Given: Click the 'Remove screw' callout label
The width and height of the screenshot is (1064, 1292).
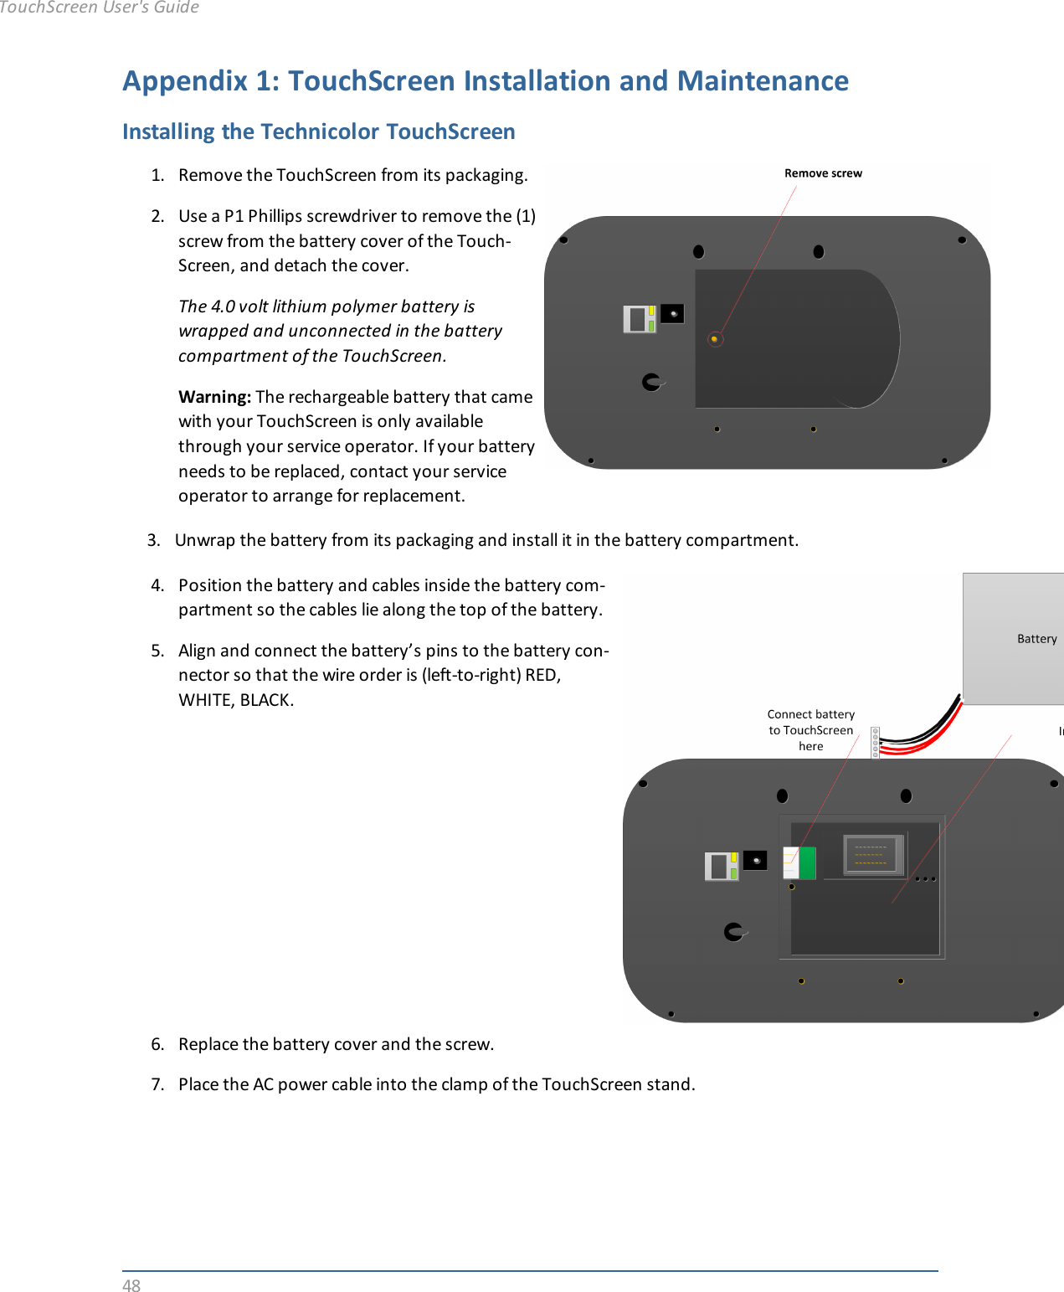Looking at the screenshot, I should click(x=823, y=173).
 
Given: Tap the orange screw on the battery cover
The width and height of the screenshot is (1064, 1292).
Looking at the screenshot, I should click(x=714, y=339).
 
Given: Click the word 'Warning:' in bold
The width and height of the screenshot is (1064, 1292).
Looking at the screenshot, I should click(x=214, y=397).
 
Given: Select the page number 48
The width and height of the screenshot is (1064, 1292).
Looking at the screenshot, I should click(x=131, y=1285).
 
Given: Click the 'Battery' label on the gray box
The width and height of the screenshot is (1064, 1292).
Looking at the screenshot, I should click(x=1036, y=639).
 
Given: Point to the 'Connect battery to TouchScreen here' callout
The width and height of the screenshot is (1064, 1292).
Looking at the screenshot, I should click(x=810, y=730).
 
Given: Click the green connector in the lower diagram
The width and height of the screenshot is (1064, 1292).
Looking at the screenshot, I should click(x=807, y=862).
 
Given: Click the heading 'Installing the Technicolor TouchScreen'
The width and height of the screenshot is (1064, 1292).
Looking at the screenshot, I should click(x=318, y=132).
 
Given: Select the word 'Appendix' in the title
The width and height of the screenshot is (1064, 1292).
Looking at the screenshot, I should click(x=185, y=81).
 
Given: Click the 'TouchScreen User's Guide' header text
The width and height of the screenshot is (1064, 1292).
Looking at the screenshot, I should click(x=99, y=8).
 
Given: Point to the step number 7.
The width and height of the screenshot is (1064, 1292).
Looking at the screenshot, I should click(x=157, y=1084).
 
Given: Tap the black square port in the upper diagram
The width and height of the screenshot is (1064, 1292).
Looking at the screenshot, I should click(x=672, y=314).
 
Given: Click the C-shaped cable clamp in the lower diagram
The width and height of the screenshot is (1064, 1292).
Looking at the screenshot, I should click(x=733, y=931).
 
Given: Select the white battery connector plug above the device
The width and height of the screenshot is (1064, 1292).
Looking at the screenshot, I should click(x=875, y=742).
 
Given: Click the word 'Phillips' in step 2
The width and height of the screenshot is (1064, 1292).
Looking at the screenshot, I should click(x=275, y=216).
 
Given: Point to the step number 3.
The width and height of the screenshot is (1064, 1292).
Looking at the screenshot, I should click(x=153, y=540).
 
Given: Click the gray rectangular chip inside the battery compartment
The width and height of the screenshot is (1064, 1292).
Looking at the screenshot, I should click(x=871, y=854).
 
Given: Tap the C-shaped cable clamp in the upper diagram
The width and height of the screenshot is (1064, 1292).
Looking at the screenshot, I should click(x=651, y=382).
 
